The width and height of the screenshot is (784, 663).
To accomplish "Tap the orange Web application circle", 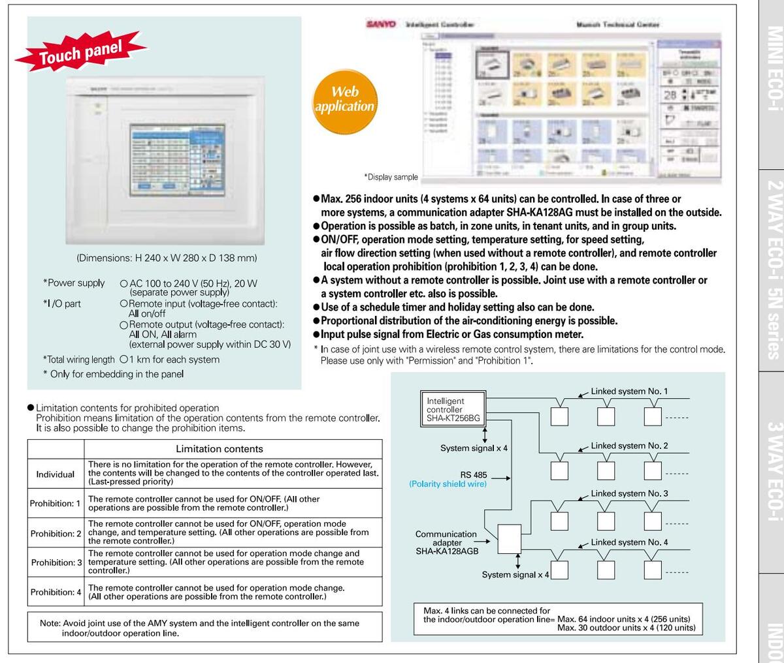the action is [344, 99].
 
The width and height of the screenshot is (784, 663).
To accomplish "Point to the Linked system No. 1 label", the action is [629, 392].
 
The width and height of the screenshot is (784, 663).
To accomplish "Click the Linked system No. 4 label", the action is [629, 542].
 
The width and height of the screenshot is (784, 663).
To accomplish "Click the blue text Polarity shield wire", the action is [448, 484].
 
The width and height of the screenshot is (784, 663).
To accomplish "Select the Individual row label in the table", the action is [56, 474].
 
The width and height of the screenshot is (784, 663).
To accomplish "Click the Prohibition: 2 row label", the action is [56, 533].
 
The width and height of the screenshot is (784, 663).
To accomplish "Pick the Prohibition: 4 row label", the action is [56, 592].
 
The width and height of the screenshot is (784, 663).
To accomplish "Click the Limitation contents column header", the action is [220, 449].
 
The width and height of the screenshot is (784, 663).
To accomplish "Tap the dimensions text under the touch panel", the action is [167, 258].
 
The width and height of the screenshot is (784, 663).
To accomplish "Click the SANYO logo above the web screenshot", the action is [381, 24].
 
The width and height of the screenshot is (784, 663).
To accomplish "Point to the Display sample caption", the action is [391, 177].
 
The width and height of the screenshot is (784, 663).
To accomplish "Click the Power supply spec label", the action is [74, 283].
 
